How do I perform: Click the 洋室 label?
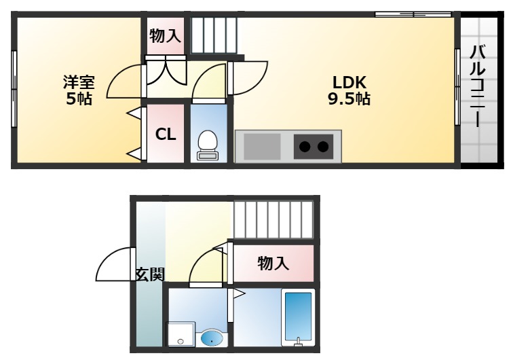[79, 82]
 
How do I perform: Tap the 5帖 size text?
[79, 99]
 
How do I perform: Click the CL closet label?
[166, 134]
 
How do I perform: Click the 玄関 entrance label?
[150, 274]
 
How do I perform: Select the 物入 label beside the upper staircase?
[166, 36]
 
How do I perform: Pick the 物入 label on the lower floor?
[273, 264]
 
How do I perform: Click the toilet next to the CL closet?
[208, 143]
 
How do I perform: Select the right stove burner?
[323, 146]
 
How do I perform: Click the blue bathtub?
[298, 316]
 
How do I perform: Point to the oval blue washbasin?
[212, 337]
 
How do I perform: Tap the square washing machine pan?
[181, 334]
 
